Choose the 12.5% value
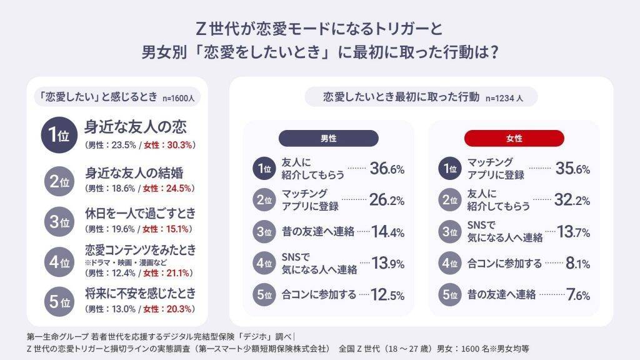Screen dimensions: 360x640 pyautogui.click(x=387, y=295)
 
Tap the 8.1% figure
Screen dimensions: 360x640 pyautogui.click(x=576, y=263)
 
